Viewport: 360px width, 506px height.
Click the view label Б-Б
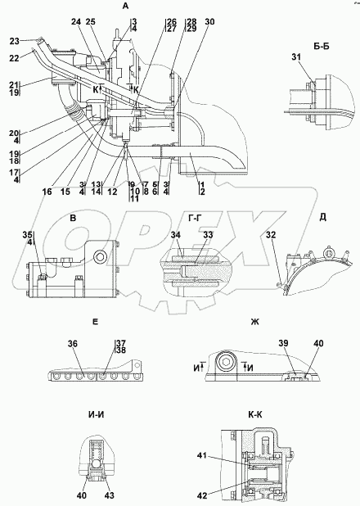[x=322, y=46]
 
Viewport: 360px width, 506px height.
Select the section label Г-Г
[x=196, y=218]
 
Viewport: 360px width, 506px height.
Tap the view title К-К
[x=255, y=415]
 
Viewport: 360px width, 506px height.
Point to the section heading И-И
[x=95, y=415]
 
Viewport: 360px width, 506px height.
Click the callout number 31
[x=296, y=57]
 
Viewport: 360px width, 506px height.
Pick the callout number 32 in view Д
[x=271, y=235]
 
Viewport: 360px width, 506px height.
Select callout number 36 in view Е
[x=73, y=344]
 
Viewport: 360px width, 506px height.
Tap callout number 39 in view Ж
[x=284, y=343]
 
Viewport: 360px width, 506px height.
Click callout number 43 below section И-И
[x=110, y=495]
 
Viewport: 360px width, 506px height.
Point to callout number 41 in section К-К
[x=202, y=456]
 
